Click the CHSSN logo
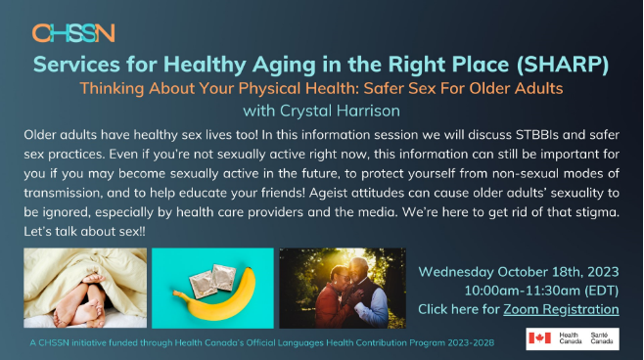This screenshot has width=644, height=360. point(73,33)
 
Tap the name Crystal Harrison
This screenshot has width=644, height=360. point(340,111)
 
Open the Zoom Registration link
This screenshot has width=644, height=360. point(561,309)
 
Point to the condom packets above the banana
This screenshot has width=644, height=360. point(212,280)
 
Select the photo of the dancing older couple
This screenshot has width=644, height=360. point(343,288)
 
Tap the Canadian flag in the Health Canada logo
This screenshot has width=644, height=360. point(539,337)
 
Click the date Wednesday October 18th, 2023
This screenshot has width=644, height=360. point(519,272)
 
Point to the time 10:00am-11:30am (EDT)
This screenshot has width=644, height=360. point(541,291)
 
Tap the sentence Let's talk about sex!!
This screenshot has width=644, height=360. point(84,232)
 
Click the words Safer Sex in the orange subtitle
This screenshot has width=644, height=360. point(399,88)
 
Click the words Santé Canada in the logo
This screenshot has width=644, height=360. point(601,337)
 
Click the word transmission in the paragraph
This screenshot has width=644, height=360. point(63,193)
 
